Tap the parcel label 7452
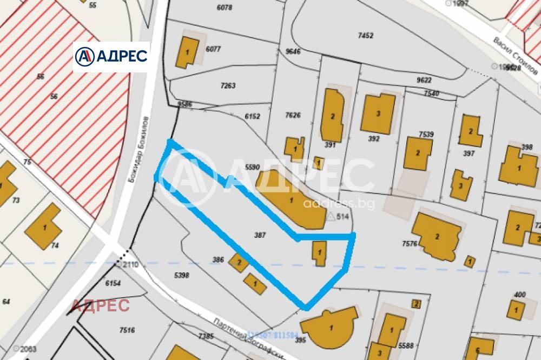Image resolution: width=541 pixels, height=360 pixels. pos(366,36)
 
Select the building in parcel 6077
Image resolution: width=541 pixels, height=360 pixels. pos(187,52)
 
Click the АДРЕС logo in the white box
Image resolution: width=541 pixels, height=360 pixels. pos(111,56)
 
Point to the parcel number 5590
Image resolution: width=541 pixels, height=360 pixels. pos(253,167)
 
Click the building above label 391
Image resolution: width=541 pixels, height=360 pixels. pos(332,115)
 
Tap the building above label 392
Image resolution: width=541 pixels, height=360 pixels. pos(378,114)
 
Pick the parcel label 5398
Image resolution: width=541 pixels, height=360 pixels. pos(181,276)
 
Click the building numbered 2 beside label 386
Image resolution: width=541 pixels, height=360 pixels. pos(239,263)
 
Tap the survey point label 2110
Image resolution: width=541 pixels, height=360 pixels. pos(130,264)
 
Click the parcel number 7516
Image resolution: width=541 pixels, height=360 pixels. pos(127,330)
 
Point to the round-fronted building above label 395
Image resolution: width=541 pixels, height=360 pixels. pos(331,328)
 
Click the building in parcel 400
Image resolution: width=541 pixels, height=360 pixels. pos(516,310)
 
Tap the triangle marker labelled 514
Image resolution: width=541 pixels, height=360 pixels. pos(332,216)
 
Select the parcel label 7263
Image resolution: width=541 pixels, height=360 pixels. pos(228,85)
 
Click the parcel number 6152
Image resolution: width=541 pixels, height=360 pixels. pos(253,116)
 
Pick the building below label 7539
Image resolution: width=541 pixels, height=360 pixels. pos(418,154)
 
